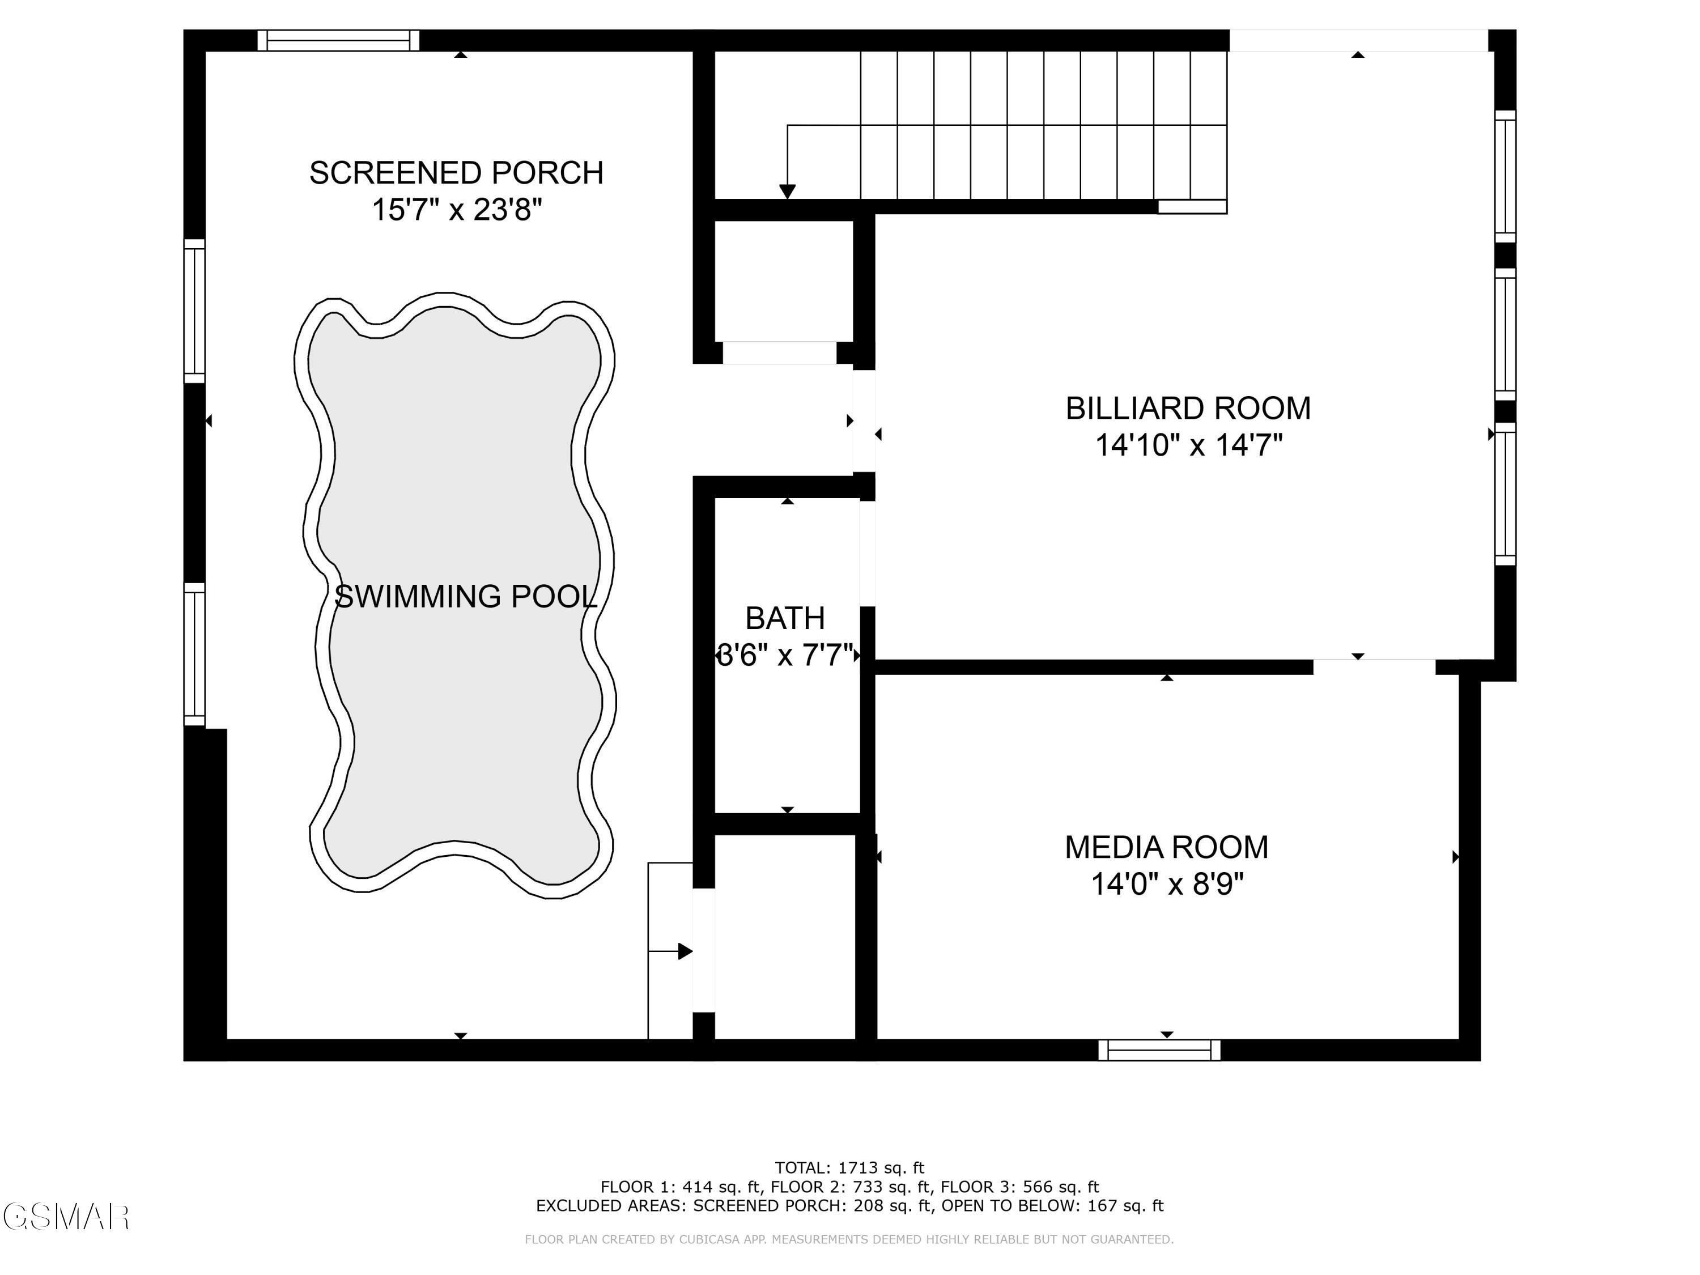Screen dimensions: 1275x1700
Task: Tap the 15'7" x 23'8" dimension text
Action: [457, 210]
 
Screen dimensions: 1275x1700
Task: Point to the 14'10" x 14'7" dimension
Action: [1188, 445]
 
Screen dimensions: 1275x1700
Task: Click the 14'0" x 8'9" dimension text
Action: [1167, 884]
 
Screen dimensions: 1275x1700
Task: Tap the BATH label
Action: [785, 618]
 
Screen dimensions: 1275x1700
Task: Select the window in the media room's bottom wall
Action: [1159, 1050]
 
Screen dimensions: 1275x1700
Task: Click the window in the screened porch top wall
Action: [338, 40]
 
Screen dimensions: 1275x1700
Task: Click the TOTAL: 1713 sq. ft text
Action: [849, 1168]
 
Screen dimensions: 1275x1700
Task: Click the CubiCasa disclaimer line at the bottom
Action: [849, 1239]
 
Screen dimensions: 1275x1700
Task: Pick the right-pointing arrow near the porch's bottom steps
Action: [685, 951]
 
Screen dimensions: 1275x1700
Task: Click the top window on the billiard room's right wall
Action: [1505, 177]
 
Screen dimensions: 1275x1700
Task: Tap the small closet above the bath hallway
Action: [784, 280]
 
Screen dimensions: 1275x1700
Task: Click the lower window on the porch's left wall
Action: [194, 654]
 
